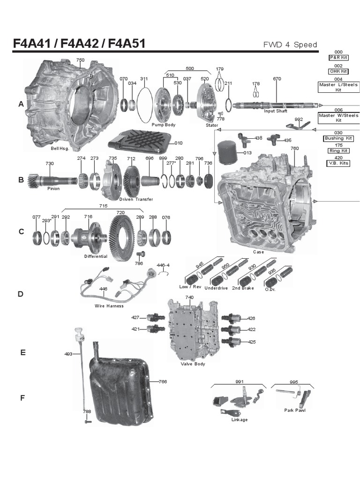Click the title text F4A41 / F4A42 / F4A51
coord(79,44)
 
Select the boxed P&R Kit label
coord(338,57)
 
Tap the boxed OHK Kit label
coord(338,71)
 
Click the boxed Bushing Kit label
coord(338,138)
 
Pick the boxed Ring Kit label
coord(338,151)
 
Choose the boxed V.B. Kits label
coord(338,164)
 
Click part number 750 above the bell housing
coord(81,60)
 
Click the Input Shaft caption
coord(276,111)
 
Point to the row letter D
coord(21,294)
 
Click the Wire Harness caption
coord(109,306)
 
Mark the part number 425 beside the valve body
coord(252,342)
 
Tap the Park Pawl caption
coord(294,410)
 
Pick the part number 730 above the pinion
coord(50,164)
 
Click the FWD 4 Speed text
coord(291,45)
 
